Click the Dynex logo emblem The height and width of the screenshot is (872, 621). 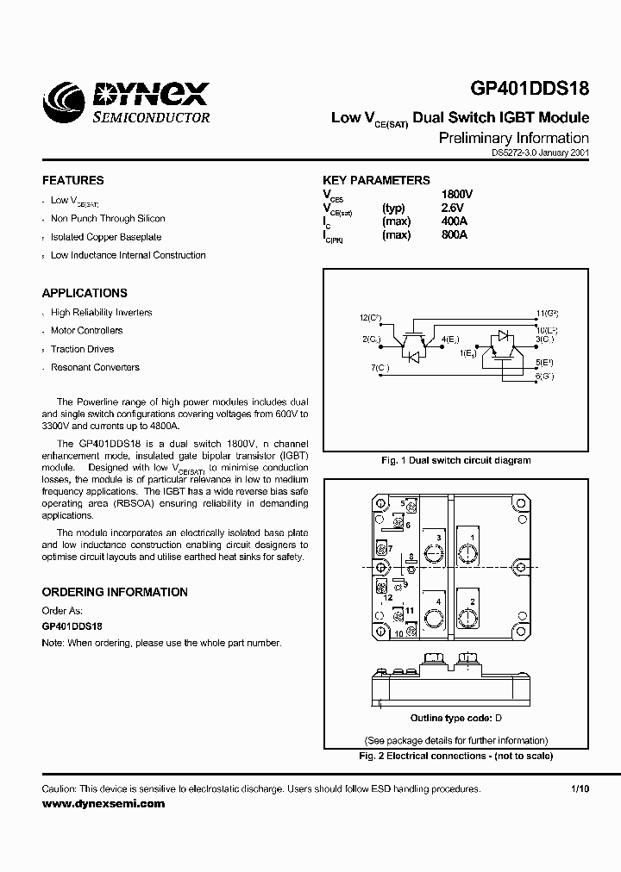[x=64, y=103]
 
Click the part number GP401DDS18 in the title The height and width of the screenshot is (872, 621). [x=530, y=92]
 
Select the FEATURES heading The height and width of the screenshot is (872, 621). [x=72, y=181]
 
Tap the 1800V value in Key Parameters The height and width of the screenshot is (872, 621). [x=456, y=195]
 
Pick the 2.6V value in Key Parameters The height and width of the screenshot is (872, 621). [x=452, y=208]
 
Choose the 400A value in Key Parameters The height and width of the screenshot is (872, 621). [x=454, y=221]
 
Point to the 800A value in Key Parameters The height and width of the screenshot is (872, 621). [x=454, y=235]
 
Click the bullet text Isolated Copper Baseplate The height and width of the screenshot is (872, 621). [x=106, y=237]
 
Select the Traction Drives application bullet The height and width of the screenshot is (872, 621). [x=82, y=349]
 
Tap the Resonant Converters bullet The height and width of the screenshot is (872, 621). [x=95, y=367]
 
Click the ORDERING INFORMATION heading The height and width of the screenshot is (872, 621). [x=115, y=592]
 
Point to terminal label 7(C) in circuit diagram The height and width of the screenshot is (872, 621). [x=380, y=368]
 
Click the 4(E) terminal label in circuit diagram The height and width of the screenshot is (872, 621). [x=450, y=339]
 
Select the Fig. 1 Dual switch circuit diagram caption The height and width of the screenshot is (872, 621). [x=455, y=460]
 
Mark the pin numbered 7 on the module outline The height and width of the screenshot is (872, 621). [x=391, y=549]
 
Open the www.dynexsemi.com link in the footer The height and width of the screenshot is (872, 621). [x=103, y=803]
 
